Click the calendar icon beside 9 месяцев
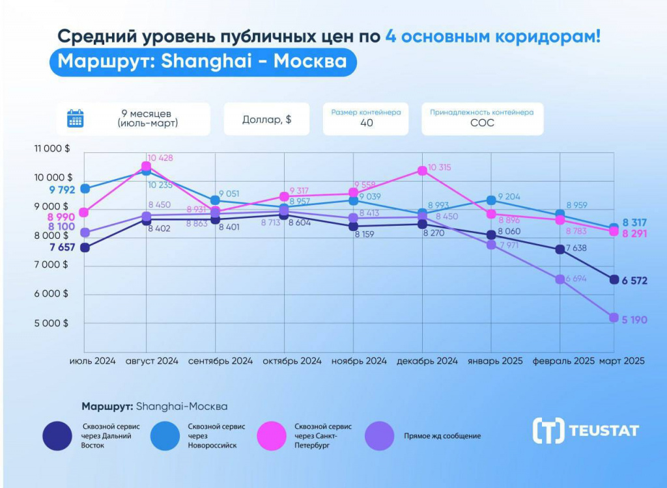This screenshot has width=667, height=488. [76, 118]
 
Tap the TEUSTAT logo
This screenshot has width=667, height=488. [586, 430]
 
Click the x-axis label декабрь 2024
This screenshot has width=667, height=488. [427, 361]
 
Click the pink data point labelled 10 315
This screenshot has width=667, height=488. [422, 170]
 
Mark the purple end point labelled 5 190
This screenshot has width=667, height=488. [614, 318]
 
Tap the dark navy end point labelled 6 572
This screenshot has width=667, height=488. [614, 280]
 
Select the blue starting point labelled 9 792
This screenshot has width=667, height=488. [85, 189]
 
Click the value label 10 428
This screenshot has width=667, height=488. [160, 158]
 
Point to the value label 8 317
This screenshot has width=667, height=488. [634, 222]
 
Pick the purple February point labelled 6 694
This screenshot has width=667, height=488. [560, 279]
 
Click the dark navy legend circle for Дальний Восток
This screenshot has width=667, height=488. [58, 435]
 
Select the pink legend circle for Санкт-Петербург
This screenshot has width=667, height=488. [273, 435]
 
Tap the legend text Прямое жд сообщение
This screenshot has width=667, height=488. [442, 436]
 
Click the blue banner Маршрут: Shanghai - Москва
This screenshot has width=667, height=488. [203, 62]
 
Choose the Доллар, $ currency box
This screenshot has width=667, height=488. [266, 119]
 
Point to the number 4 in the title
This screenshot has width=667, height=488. [390, 36]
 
